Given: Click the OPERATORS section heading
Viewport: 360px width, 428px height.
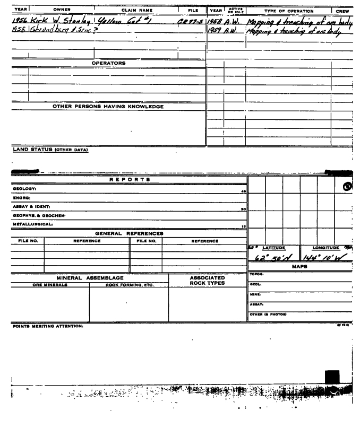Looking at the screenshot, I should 108,63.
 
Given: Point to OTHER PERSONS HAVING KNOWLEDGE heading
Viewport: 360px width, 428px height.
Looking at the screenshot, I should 108,107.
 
